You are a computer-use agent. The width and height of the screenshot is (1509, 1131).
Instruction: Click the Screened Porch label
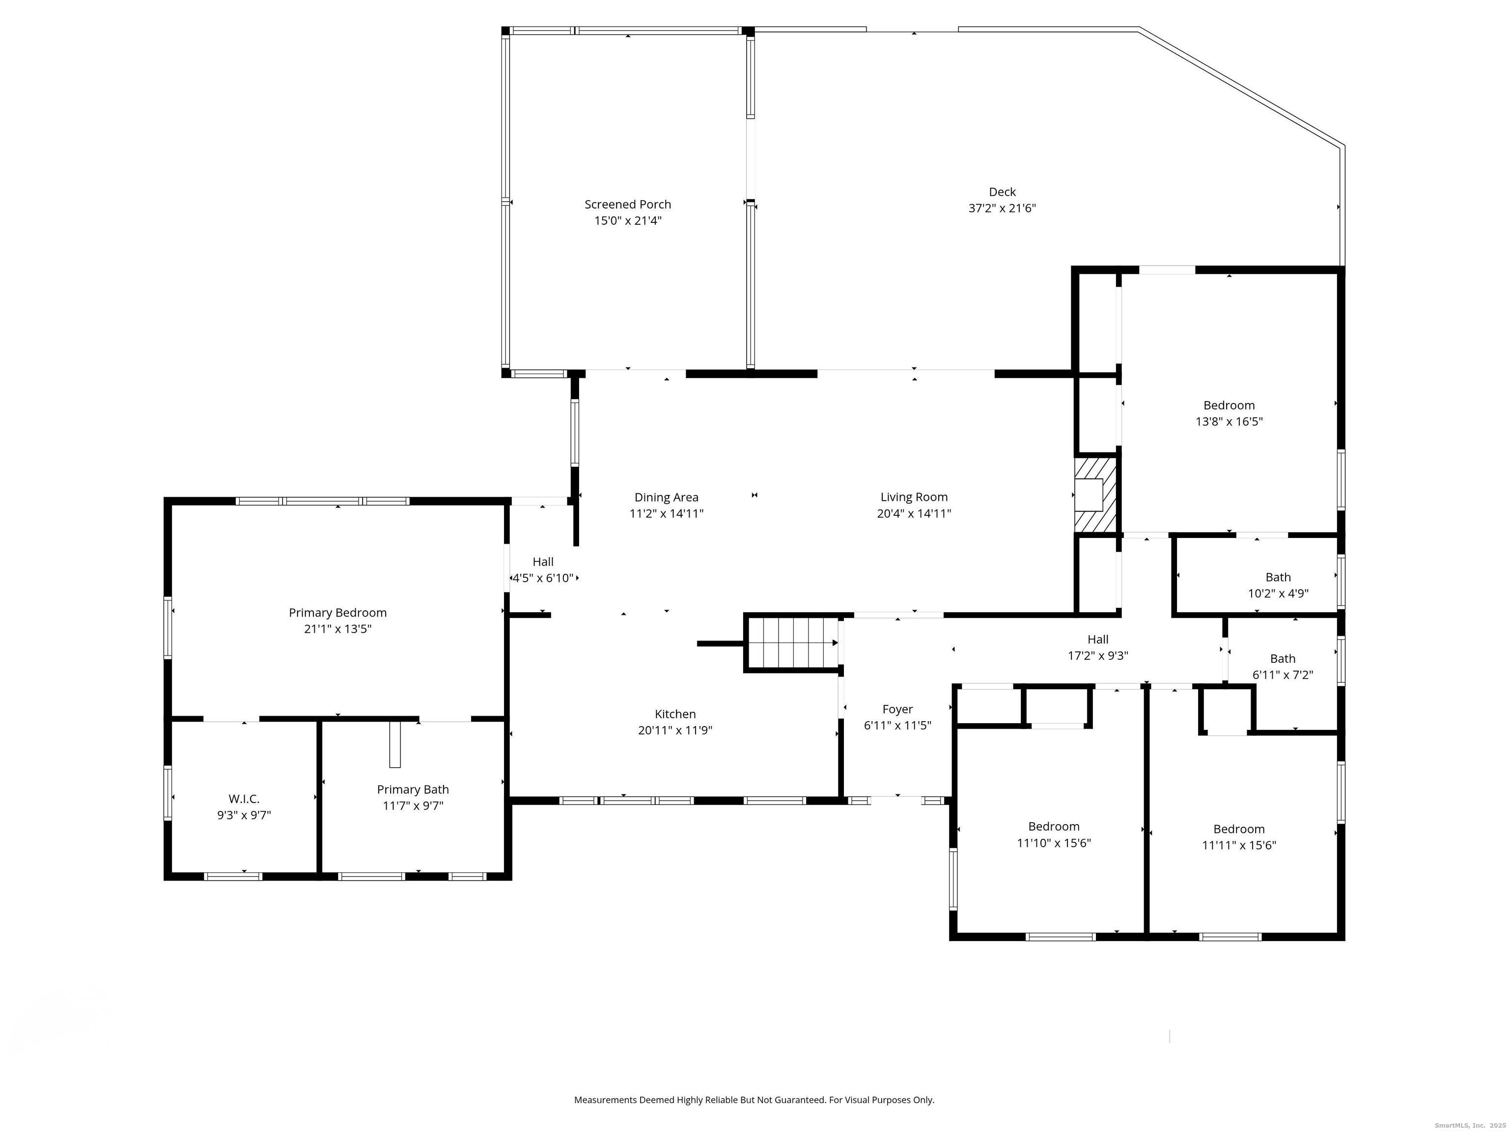click(x=628, y=205)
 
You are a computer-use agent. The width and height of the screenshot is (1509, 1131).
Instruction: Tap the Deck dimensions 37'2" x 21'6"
click(x=1002, y=209)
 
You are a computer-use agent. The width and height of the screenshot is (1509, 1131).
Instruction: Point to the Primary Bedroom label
click(x=337, y=613)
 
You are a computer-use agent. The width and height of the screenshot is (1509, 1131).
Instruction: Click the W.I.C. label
click(x=244, y=799)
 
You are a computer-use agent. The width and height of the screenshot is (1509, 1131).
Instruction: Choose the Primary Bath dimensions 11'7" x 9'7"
click(x=413, y=806)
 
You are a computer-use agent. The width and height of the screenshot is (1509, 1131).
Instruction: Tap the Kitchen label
click(x=675, y=714)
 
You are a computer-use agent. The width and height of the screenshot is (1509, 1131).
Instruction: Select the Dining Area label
click(x=667, y=498)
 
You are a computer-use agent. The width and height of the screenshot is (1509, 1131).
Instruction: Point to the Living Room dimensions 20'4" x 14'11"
click(x=914, y=514)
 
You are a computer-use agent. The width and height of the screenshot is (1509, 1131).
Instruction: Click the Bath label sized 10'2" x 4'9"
click(x=1278, y=577)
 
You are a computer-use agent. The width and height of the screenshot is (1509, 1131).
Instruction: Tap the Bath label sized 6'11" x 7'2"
click(x=1283, y=659)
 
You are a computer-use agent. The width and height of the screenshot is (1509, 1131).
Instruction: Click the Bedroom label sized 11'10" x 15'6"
click(x=1054, y=827)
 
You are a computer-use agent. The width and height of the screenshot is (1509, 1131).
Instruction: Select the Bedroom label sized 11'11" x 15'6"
click(x=1239, y=829)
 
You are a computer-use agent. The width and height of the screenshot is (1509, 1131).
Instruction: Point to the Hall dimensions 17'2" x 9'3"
click(x=1098, y=656)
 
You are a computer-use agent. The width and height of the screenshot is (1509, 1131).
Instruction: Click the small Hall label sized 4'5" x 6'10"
click(x=543, y=562)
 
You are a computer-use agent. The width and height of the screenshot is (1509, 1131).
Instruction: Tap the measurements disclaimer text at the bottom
click(x=754, y=1100)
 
